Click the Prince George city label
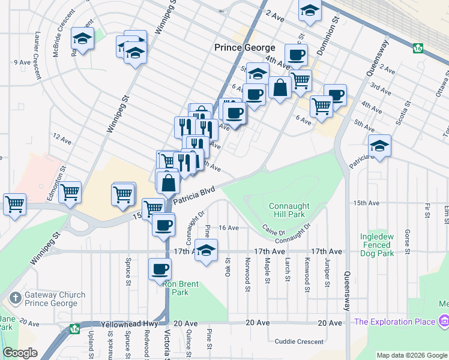245,47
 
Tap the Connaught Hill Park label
289,210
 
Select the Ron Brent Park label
184,288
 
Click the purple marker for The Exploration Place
444,321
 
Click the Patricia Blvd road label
194,196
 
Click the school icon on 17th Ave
206,251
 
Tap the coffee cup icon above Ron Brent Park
160,269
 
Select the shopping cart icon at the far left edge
14,204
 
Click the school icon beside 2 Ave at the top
310,11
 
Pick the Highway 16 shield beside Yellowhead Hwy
74,329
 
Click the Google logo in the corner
20,353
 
